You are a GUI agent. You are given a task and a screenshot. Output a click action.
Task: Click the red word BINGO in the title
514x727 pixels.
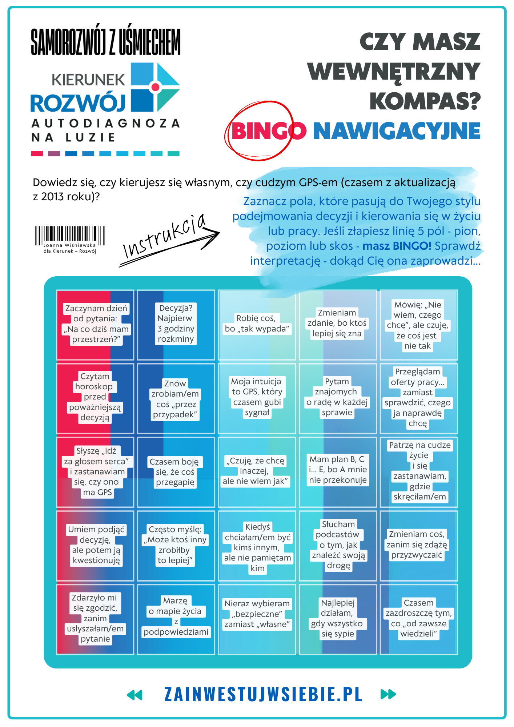tap(268, 131)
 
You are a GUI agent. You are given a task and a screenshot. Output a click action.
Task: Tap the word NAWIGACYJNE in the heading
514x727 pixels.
tap(397, 131)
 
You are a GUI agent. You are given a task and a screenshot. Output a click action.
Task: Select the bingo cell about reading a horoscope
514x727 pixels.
tap(95, 397)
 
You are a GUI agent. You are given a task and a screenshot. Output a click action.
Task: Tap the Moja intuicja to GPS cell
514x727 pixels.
tap(257, 397)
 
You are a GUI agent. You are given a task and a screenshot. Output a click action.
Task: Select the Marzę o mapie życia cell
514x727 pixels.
tap(176, 616)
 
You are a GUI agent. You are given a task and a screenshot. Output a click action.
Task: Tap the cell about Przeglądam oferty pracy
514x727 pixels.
tap(418, 397)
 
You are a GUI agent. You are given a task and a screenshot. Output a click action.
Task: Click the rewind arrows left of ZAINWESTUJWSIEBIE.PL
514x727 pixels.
tap(134, 695)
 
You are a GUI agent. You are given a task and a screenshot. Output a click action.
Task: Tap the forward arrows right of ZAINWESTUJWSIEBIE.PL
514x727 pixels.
tap(388, 694)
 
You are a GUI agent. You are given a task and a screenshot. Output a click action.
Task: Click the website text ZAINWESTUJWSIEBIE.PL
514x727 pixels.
tap(263, 694)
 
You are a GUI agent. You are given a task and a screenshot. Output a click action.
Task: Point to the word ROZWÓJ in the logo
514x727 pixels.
tap(78, 103)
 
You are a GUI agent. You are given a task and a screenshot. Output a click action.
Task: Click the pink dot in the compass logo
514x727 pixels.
tap(156, 87)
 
